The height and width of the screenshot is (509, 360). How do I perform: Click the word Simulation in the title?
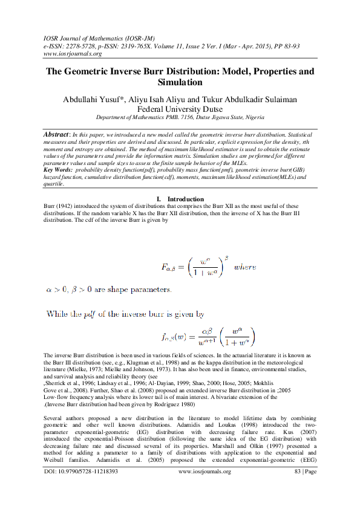pos(180,82)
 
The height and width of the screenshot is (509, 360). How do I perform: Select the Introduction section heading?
pos(185,199)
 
